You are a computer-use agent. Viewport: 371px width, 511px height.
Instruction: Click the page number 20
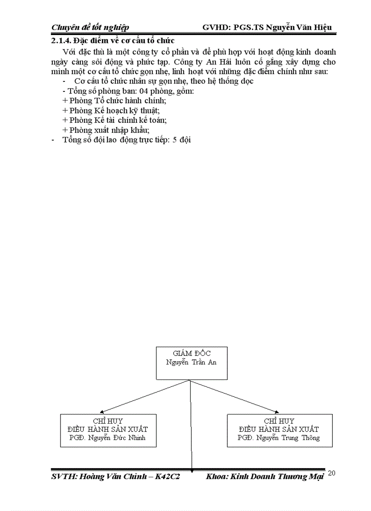pos(331,474)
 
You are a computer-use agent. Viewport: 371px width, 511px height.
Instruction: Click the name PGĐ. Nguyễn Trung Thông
pos(279,438)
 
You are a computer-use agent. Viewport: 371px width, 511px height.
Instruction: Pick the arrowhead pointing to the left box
pos(101,411)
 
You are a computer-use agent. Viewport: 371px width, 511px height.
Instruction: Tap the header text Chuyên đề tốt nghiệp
pos(90,28)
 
